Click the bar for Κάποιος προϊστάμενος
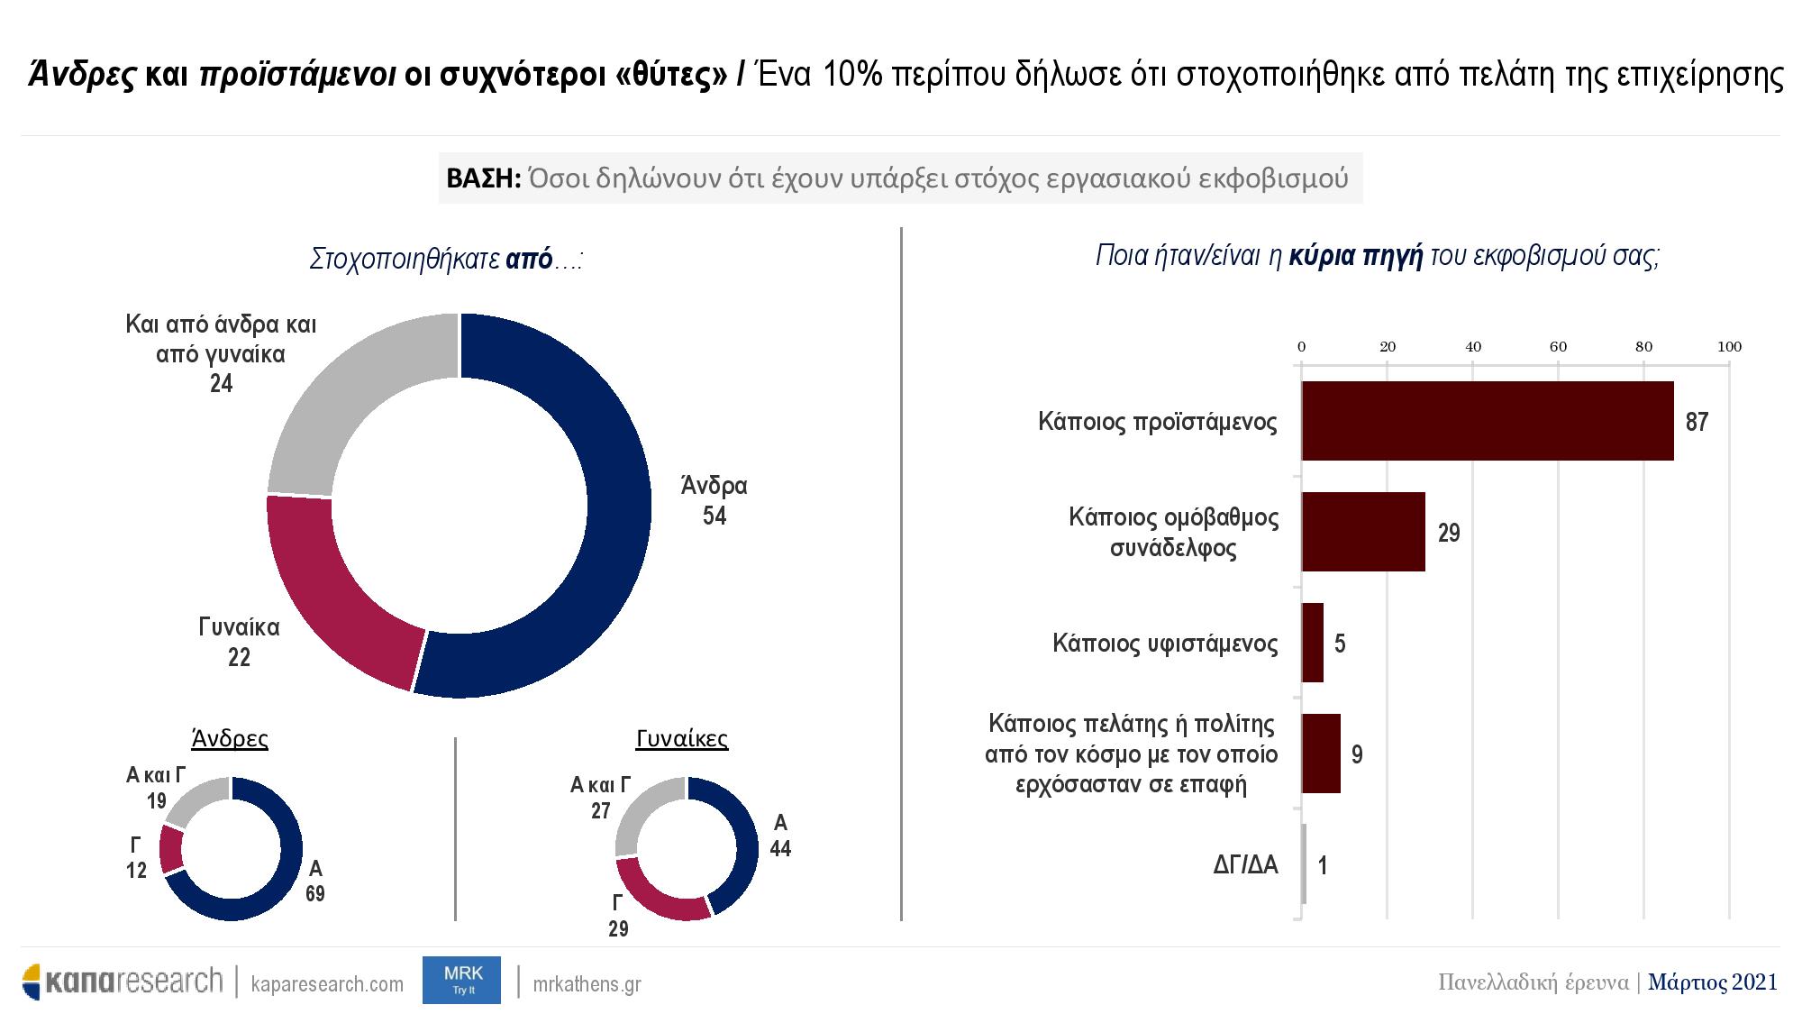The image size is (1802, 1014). point(1488,421)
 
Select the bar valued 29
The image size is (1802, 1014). point(1363,532)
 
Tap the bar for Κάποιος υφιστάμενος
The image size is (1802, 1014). point(1313,643)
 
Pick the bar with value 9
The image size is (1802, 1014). point(1321,754)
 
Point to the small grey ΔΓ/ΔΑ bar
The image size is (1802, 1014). point(1304,864)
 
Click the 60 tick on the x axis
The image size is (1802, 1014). point(1558,347)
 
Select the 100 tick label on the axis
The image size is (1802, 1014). point(1730,347)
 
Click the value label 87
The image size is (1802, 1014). point(1697,422)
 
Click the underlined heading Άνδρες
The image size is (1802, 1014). point(230,739)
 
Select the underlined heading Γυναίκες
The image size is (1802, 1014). point(682,739)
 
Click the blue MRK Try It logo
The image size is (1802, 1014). point(461,980)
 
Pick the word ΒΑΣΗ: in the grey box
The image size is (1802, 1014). point(484,178)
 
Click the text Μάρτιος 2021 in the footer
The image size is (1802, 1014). point(1713,982)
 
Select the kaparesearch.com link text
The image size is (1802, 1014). point(327,984)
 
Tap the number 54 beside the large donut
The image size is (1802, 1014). point(714,516)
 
